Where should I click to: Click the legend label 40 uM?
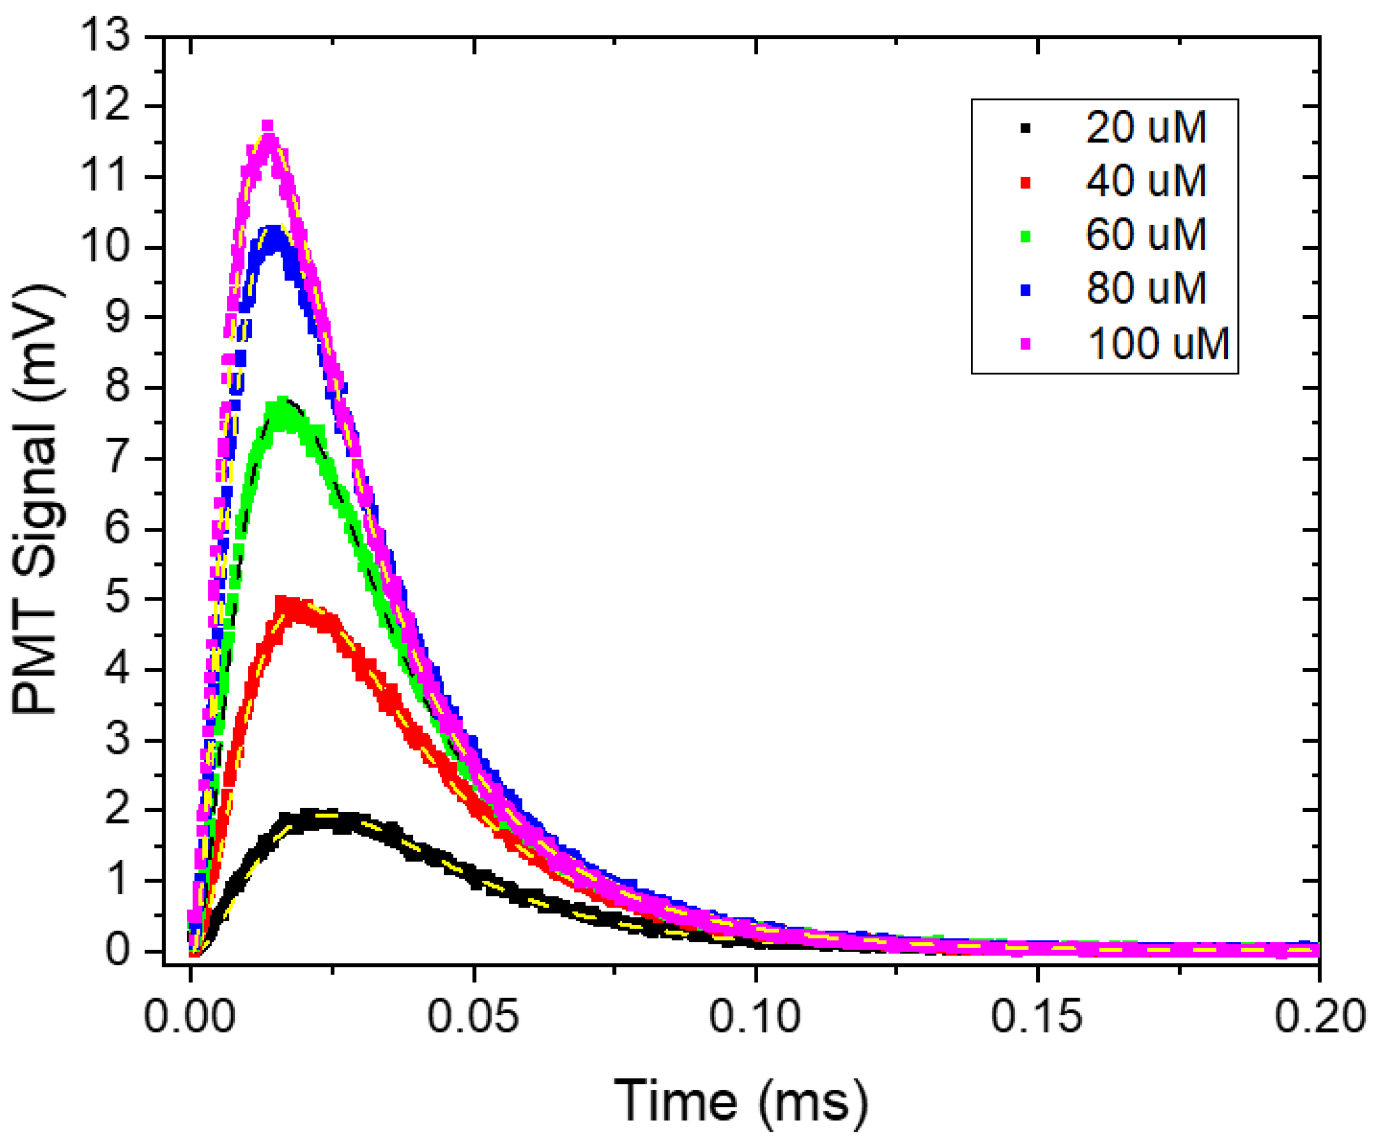click(1145, 181)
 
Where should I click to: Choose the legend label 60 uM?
click(1145, 234)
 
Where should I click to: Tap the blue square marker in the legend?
click(1026, 289)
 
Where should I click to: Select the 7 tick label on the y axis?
click(118, 457)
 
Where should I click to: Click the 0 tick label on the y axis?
click(118, 950)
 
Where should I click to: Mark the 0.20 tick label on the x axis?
click(1319, 1016)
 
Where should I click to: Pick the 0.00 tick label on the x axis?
click(190, 1016)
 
